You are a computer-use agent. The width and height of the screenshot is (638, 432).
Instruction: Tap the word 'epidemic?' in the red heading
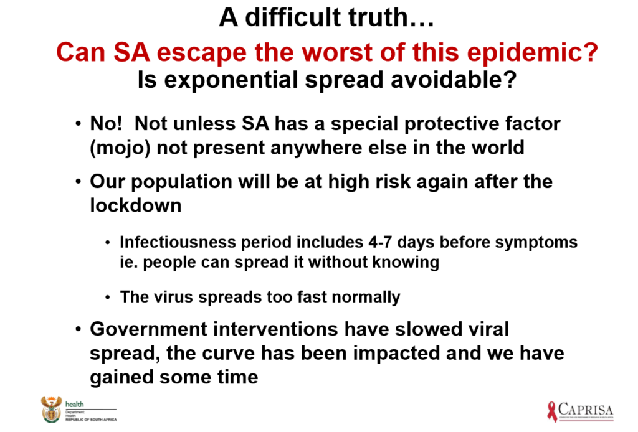pos(532,52)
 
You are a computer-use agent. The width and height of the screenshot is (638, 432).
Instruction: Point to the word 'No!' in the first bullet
pos(106,123)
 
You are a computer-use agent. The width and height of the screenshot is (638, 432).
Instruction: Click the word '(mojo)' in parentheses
pos(120,148)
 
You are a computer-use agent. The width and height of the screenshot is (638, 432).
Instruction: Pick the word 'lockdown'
pos(135,205)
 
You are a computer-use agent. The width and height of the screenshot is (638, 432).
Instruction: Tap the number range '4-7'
pos(379,242)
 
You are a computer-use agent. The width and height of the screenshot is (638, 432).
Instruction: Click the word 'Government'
pos(148,329)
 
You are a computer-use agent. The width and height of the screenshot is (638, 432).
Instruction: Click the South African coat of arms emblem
pos(51,409)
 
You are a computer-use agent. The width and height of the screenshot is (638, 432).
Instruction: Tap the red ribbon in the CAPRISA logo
pos(552,411)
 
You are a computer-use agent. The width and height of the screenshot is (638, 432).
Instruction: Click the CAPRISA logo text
pos(586,409)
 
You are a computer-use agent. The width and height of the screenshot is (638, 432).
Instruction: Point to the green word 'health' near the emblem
pos(75,405)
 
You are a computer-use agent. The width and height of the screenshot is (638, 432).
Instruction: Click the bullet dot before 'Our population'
pos(78,181)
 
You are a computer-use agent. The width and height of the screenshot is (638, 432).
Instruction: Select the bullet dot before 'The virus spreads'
pos(107,298)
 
